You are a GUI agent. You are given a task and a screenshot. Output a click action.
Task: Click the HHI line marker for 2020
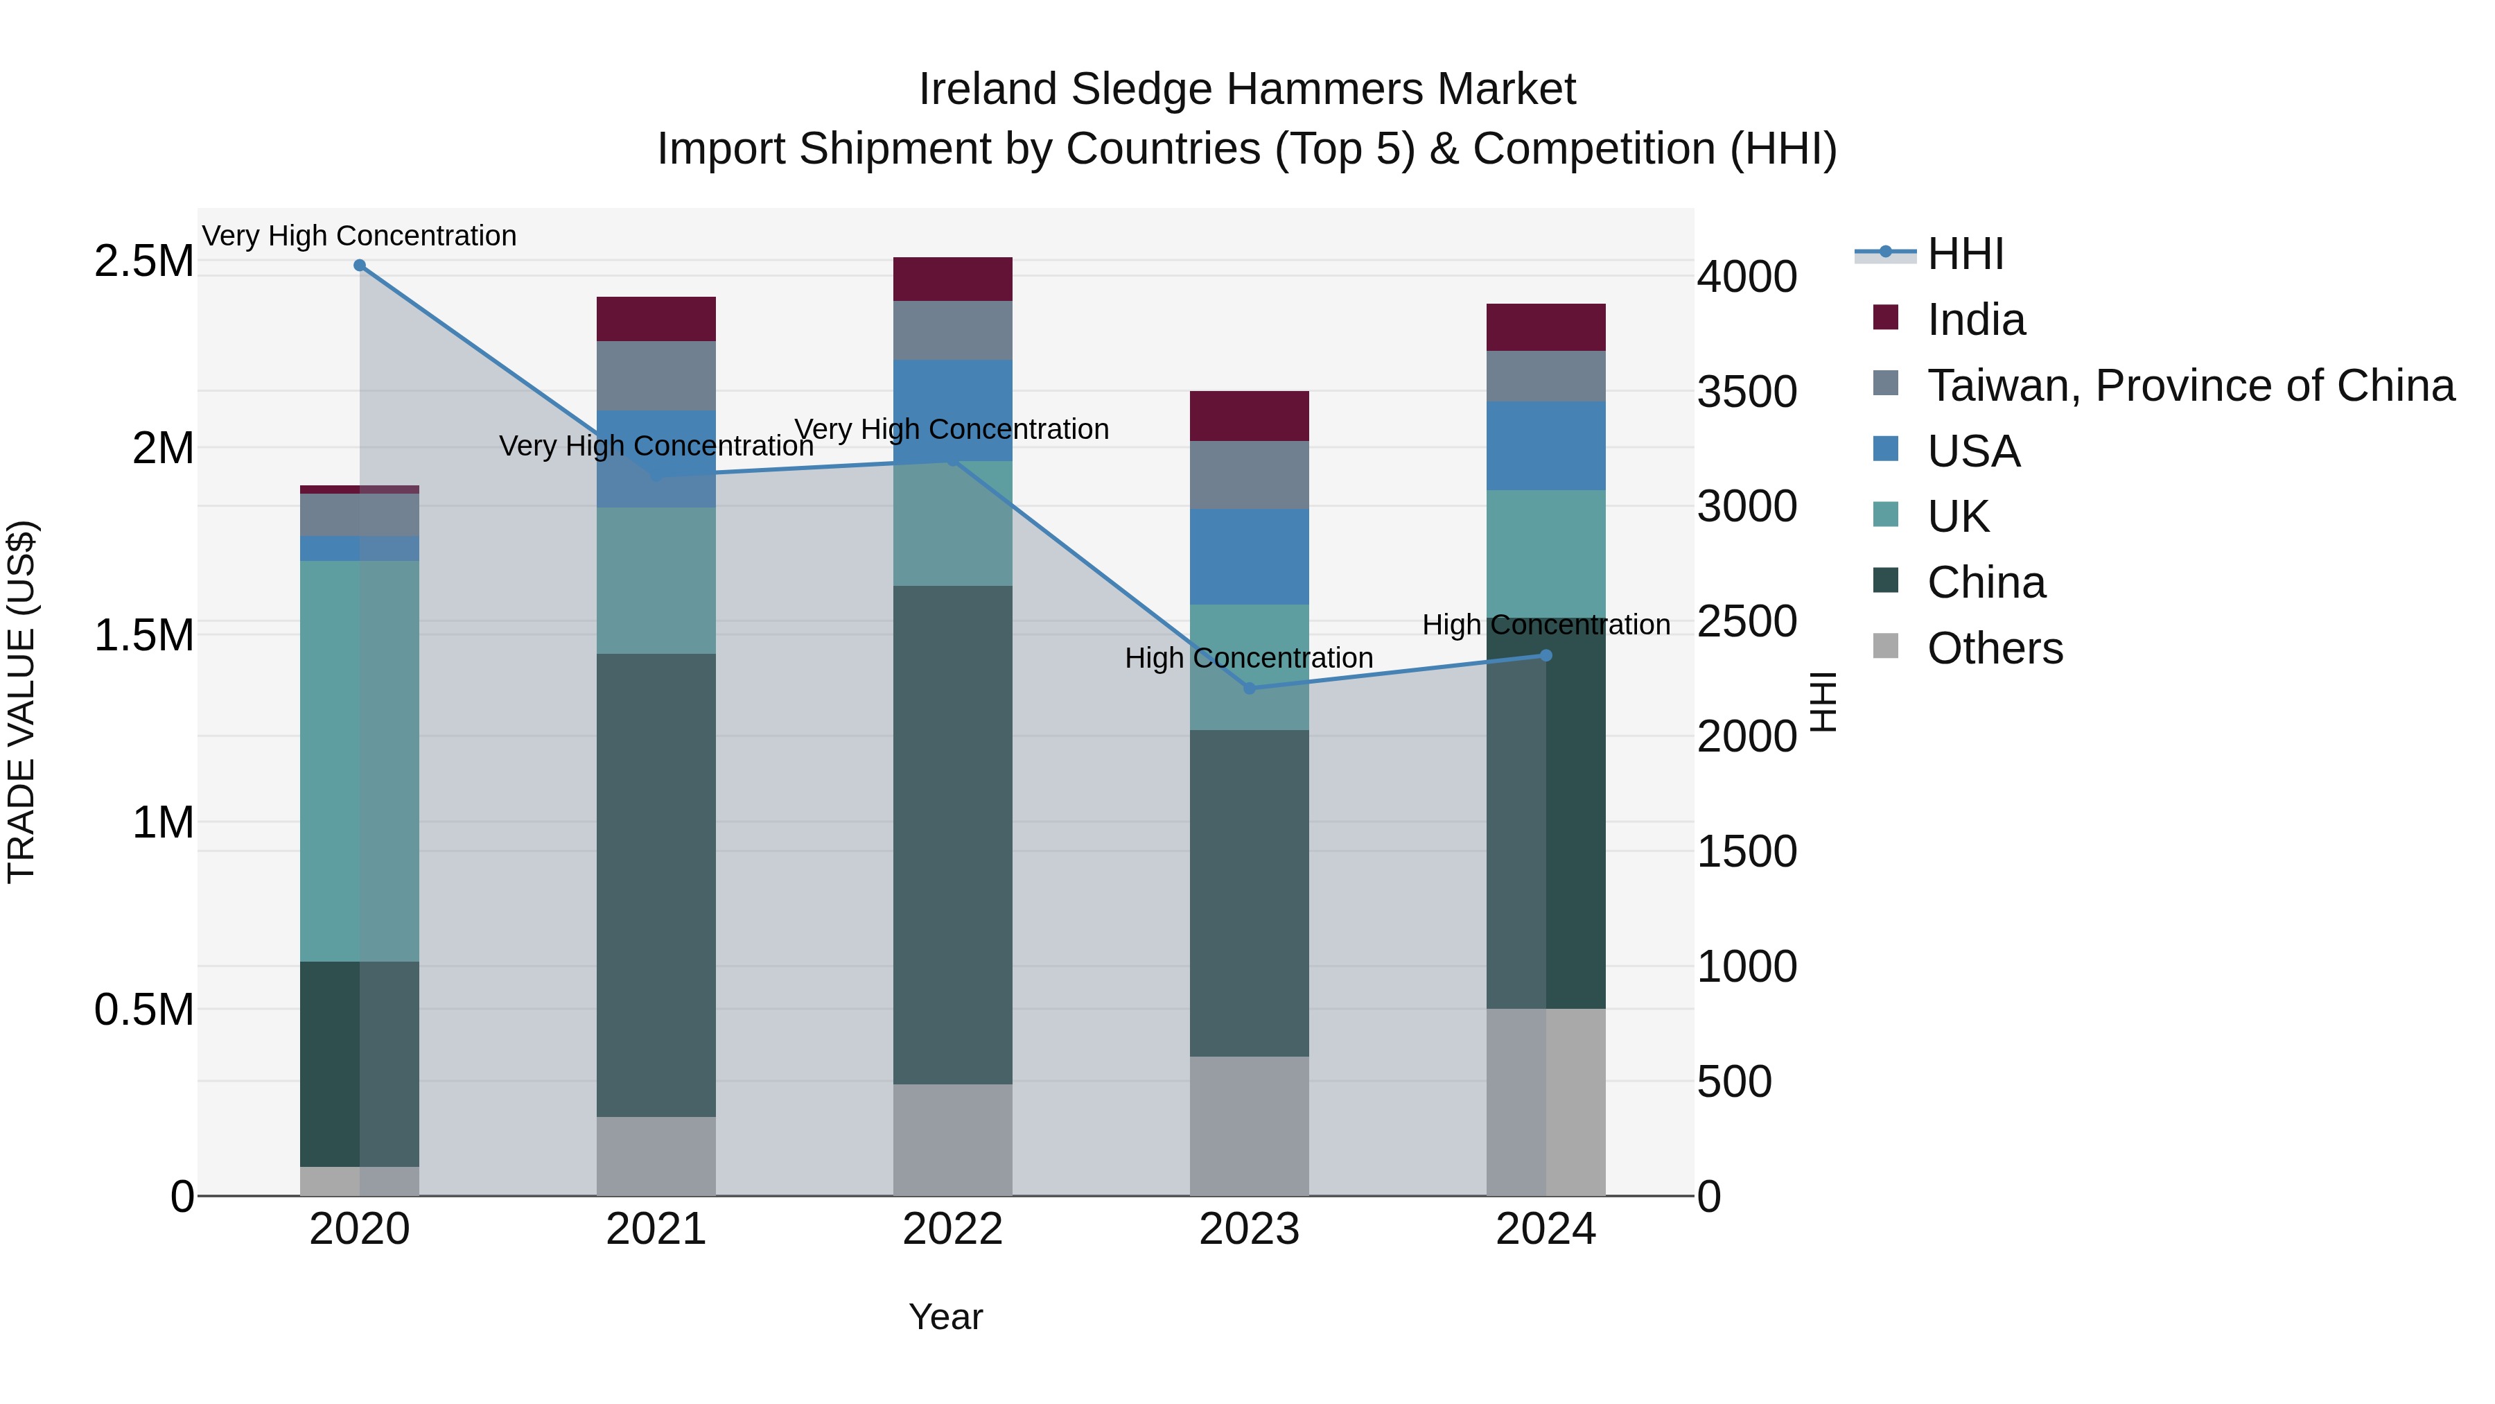359,266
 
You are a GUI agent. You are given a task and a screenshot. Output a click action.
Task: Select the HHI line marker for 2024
1546,656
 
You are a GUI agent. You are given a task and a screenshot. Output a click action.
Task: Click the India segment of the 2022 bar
952,279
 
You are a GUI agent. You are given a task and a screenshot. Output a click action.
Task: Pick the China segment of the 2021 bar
656,884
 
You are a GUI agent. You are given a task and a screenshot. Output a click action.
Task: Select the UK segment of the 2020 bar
359,761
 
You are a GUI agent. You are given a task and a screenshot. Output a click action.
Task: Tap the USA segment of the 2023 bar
1248,557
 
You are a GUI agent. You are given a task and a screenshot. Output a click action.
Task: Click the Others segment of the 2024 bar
1546,1102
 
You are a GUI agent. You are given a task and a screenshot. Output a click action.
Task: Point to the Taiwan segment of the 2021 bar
656,375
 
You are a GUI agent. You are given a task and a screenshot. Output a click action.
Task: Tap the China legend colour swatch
1886,582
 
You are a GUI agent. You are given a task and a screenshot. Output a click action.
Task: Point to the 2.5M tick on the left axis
143,261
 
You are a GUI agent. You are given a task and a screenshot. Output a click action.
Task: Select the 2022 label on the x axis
952,1229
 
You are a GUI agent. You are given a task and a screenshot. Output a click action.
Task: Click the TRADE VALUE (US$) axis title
21,702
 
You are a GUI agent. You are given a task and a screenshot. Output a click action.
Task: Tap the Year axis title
945,1317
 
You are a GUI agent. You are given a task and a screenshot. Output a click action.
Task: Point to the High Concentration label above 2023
1248,658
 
